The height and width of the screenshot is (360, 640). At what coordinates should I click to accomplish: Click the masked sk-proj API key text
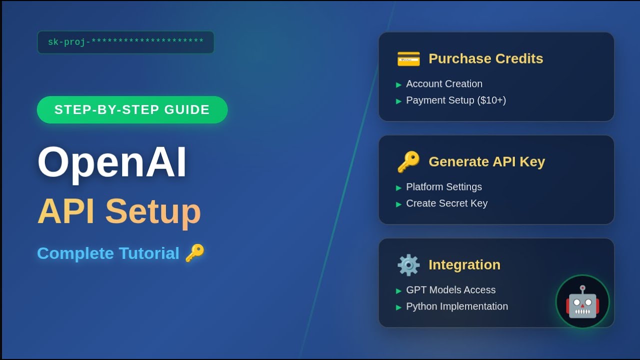click(x=125, y=42)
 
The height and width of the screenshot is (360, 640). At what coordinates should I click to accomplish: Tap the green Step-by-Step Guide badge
click(x=132, y=109)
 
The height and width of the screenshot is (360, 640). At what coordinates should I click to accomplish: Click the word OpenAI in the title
click(x=112, y=162)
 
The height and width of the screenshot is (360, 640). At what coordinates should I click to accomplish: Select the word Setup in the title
click(x=153, y=211)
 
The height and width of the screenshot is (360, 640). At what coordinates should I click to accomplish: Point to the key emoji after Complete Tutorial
click(x=194, y=253)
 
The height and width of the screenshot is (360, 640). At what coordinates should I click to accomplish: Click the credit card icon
click(x=408, y=59)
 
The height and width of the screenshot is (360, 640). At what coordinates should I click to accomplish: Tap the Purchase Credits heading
click(x=485, y=58)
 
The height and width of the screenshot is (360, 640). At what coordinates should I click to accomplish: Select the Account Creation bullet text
click(x=444, y=84)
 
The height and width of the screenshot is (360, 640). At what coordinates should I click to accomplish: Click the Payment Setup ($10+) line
click(x=456, y=100)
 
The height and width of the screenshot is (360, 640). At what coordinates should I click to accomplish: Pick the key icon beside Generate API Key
click(x=408, y=162)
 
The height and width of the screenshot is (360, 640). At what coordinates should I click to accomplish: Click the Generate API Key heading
click(x=486, y=161)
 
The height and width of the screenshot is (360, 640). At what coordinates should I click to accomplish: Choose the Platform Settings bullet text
click(x=444, y=187)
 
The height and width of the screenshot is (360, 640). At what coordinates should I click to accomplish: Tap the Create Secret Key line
click(x=446, y=203)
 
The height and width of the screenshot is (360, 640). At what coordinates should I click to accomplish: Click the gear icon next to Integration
click(x=408, y=265)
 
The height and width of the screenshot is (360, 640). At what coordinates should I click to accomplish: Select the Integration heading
click(x=464, y=264)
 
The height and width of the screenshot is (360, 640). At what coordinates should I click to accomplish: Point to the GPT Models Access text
click(x=450, y=290)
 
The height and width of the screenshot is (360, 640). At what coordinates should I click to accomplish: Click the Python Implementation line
click(x=457, y=306)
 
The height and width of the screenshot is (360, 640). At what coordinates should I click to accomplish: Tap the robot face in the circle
click(x=582, y=301)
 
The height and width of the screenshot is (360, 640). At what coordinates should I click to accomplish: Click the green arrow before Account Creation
click(x=398, y=84)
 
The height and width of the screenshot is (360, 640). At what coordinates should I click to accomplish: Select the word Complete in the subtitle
click(x=75, y=253)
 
